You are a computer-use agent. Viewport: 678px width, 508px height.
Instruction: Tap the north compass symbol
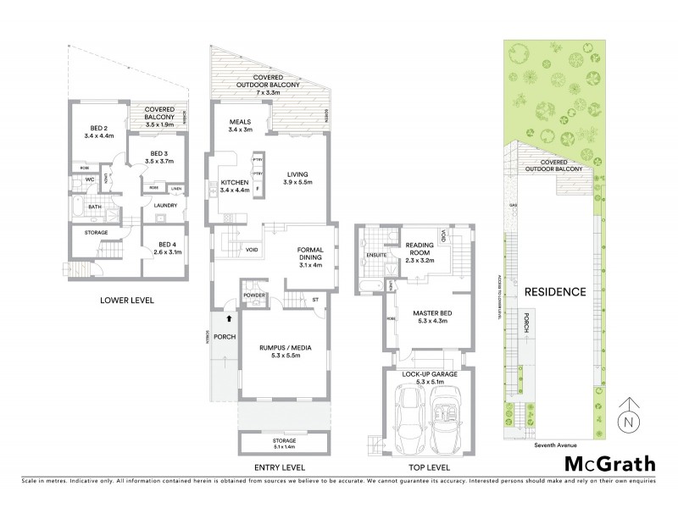point(627,415)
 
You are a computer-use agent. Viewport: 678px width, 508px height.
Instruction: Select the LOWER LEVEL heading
point(126,300)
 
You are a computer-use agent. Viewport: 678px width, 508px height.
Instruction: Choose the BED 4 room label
point(167,246)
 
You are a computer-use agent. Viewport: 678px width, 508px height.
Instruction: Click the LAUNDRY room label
point(164,204)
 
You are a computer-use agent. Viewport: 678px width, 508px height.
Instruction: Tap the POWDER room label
point(254,295)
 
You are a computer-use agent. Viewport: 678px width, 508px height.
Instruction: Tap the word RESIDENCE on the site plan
point(555,292)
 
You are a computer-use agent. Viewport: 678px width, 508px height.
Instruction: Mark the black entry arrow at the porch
point(230,319)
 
